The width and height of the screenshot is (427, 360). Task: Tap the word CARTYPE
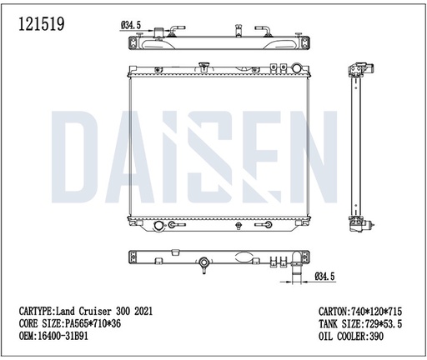coord(36,309)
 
